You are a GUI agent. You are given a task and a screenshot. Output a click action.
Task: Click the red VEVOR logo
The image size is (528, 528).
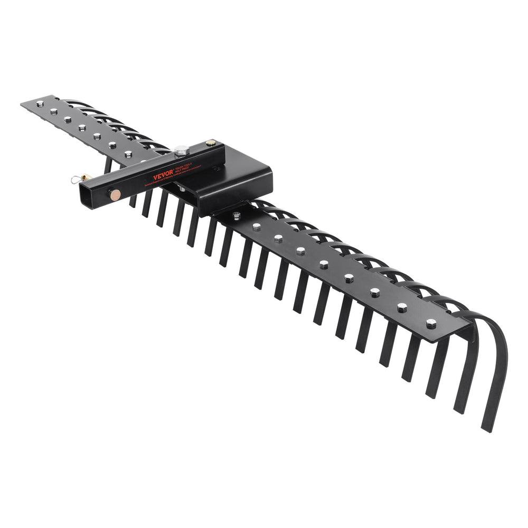pos(163,175)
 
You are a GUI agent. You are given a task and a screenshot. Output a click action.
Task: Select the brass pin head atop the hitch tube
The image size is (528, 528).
pos(211,143)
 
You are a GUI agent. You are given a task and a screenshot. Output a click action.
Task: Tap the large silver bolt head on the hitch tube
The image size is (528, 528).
pos(182,150)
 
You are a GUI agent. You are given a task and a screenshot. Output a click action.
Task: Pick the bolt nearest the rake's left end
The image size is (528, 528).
pos(40,104)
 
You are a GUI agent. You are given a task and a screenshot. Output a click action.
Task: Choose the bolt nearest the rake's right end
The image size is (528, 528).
pos(431,323)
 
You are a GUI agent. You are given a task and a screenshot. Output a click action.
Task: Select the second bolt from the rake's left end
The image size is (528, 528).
pos(53,111)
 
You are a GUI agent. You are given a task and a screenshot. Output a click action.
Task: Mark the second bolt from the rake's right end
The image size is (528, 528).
pos(402,307)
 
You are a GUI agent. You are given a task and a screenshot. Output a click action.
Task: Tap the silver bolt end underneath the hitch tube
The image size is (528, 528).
pos(182,188)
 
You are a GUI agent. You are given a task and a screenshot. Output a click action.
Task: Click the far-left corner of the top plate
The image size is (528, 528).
pos(22,104)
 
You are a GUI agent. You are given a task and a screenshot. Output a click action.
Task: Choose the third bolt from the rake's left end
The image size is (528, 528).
pos(68,119)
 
